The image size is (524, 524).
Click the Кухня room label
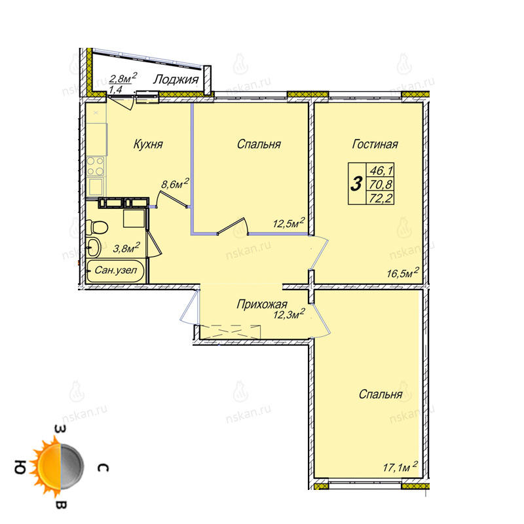pos(148,144)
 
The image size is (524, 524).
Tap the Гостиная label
pos(375,144)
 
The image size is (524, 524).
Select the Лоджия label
pos(176,79)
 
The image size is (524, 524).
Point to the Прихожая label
pos(261,304)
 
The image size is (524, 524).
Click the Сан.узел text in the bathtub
pos(116,270)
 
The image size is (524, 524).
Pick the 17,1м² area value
pos(400,466)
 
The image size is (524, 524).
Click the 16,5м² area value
pos(403,272)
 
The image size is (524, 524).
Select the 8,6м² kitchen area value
pos(175,183)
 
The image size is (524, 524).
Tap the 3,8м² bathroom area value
pos(126,248)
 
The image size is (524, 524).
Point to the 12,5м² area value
pos(289,223)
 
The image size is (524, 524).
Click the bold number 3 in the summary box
pos(356,184)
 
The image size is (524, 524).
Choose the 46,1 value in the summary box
pos(381,171)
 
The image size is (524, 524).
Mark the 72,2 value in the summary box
pos(381,198)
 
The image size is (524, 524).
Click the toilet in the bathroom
pos(96,227)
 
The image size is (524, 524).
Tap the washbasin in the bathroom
pos(93,248)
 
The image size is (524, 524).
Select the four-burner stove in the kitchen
pos(96,166)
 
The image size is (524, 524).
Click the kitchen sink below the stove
pos(96,187)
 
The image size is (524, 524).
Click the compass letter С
pos(103,467)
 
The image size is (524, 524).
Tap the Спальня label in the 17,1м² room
pos(381,394)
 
